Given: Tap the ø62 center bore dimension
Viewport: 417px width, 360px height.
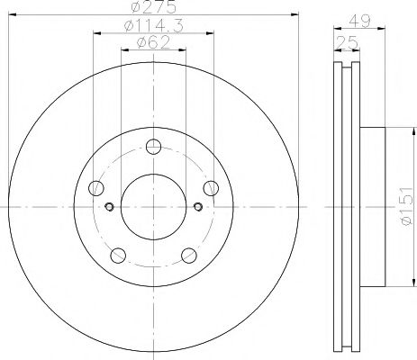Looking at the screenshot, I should coord(154,42).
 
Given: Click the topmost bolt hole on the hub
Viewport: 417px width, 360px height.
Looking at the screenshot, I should coord(154,148).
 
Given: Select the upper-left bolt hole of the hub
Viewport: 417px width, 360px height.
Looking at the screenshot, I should coord(96,188).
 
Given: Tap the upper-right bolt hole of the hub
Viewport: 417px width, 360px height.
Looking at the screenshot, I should coord(211,188).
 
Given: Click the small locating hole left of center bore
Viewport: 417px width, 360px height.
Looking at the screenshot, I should coord(109,208).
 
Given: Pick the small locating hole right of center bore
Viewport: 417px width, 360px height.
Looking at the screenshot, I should coord(199,208).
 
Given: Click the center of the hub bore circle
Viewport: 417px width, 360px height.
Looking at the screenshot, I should coord(154,208).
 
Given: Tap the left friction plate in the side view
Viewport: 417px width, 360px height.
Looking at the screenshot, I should coord(339,207).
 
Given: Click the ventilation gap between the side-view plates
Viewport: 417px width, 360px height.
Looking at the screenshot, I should coord(347,207).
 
